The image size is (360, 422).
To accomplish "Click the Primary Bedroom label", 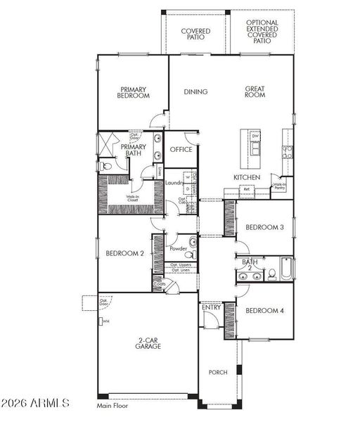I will [x=133, y=92].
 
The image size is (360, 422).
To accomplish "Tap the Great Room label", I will [x=254, y=92].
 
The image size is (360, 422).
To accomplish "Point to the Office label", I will [x=181, y=149].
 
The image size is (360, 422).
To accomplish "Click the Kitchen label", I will [x=247, y=177].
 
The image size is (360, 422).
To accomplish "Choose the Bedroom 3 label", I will [x=264, y=226].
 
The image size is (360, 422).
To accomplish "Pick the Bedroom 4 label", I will [x=264, y=310].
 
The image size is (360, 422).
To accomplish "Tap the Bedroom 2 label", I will [x=125, y=253].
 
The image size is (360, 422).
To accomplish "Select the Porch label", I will [x=218, y=372].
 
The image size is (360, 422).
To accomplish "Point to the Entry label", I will [x=211, y=307].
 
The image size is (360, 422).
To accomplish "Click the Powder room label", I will [x=178, y=249].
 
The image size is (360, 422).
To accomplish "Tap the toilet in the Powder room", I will [x=191, y=242].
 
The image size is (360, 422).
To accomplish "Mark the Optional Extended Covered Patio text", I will [x=262, y=32].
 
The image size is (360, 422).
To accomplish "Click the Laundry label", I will [x=174, y=184].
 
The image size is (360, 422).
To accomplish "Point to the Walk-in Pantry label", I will [x=281, y=186].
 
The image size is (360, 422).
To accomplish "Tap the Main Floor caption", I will [x=113, y=405].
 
